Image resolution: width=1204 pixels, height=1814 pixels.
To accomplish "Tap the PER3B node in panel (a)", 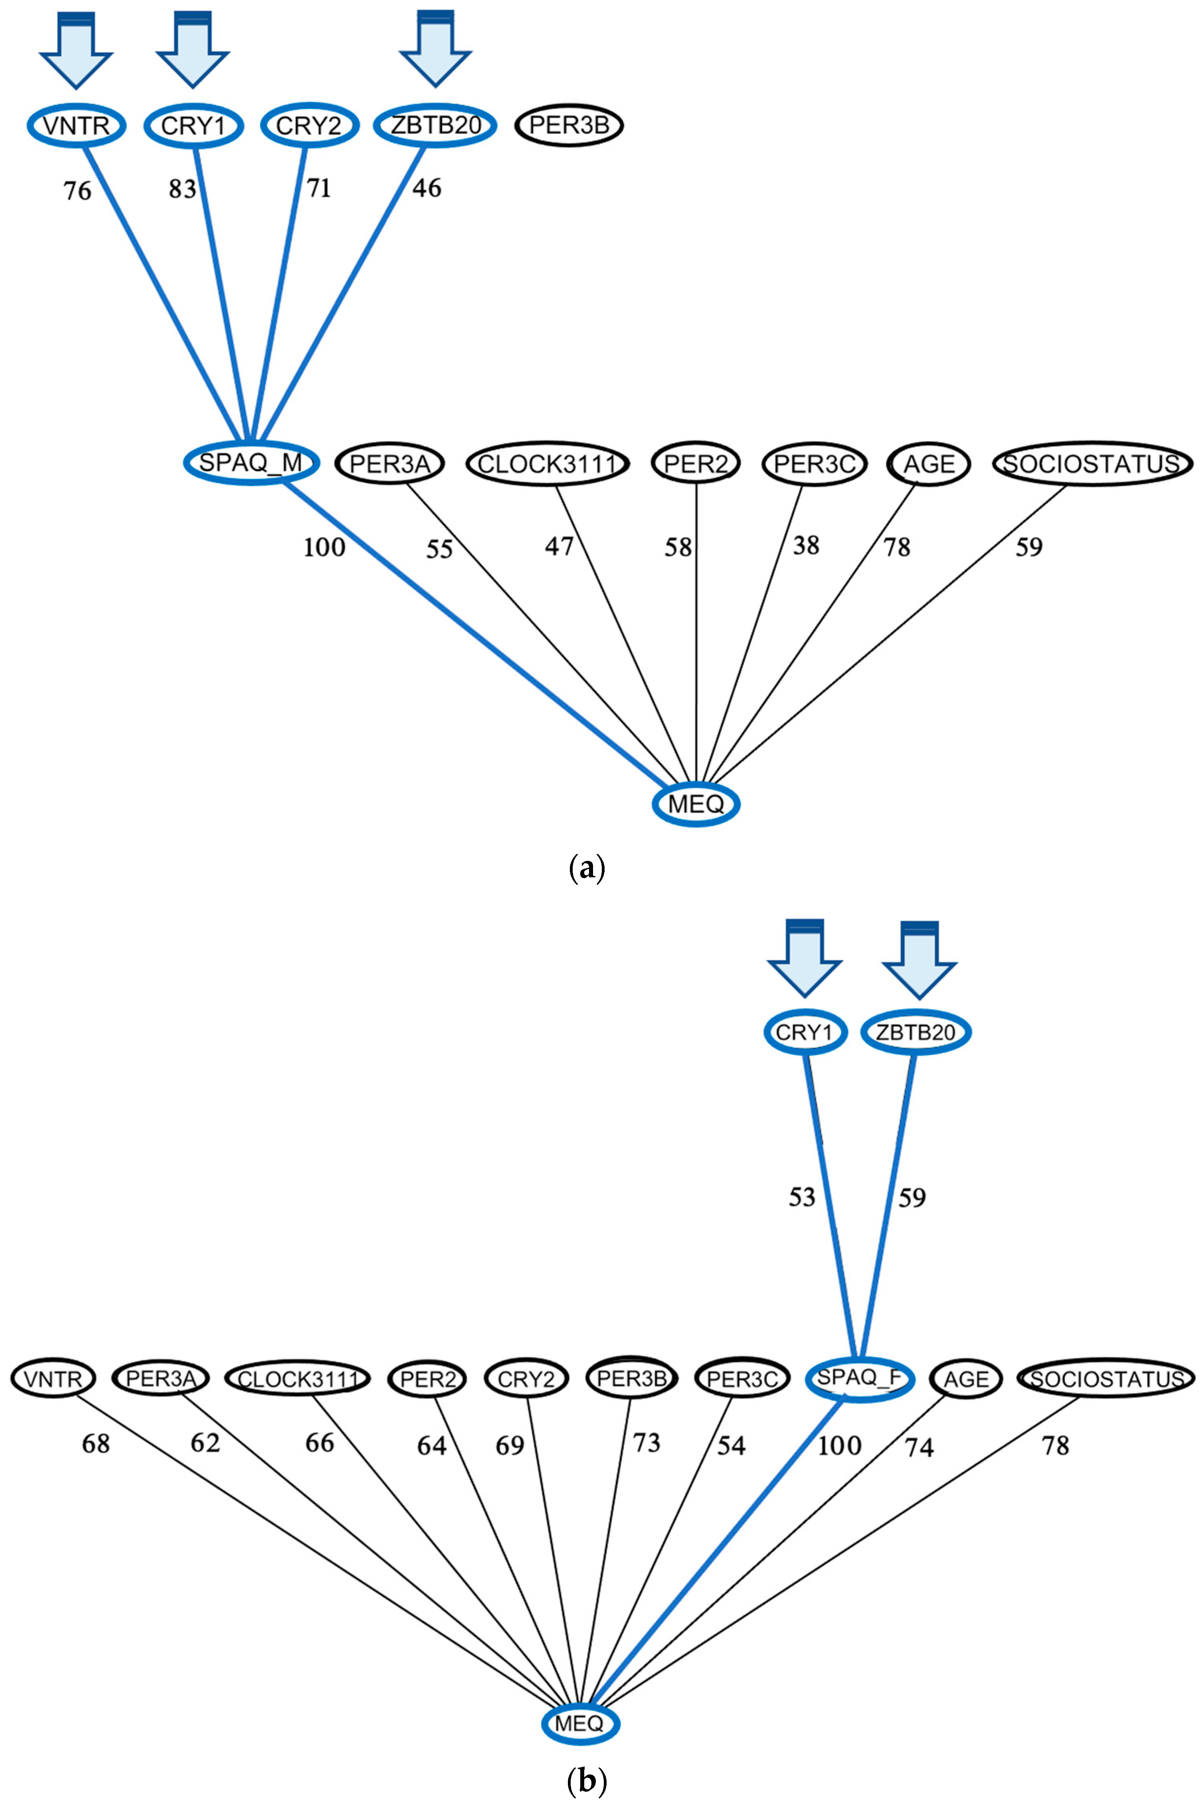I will (569, 125).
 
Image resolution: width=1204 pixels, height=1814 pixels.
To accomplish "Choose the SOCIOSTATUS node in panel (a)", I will (1092, 464).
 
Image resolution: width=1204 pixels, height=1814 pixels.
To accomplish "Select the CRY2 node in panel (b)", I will (526, 1379).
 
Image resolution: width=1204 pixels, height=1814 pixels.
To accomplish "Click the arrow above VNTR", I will (76, 50).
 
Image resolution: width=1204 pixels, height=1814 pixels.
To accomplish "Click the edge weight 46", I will (427, 188).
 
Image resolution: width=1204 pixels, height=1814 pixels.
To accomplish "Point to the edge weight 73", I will (646, 1443).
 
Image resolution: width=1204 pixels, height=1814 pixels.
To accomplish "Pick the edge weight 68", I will (96, 1444).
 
